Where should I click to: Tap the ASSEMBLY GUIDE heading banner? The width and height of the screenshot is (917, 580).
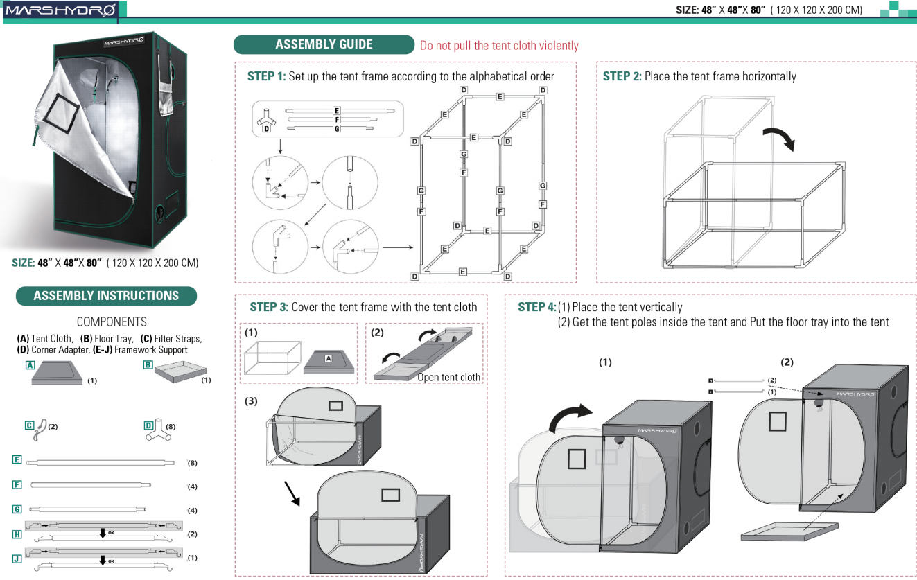tap(324, 44)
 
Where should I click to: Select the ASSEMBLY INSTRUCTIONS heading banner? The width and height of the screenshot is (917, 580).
tap(106, 296)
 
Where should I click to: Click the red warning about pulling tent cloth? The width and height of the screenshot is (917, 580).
tap(499, 46)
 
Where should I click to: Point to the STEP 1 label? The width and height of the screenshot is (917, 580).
tap(266, 76)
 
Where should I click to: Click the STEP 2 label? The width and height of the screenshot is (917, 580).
tap(622, 76)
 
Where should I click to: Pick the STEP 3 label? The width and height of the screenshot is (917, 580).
tap(268, 307)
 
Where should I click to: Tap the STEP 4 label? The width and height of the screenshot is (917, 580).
tap(536, 307)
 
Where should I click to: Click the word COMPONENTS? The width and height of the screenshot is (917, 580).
tap(112, 322)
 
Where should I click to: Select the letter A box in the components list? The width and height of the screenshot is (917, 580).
tap(30, 365)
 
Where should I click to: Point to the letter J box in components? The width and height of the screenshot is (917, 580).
tap(17, 557)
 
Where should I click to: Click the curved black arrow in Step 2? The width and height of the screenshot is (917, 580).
tap(780, 138)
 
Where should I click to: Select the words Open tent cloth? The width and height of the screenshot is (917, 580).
tap(448, 377)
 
